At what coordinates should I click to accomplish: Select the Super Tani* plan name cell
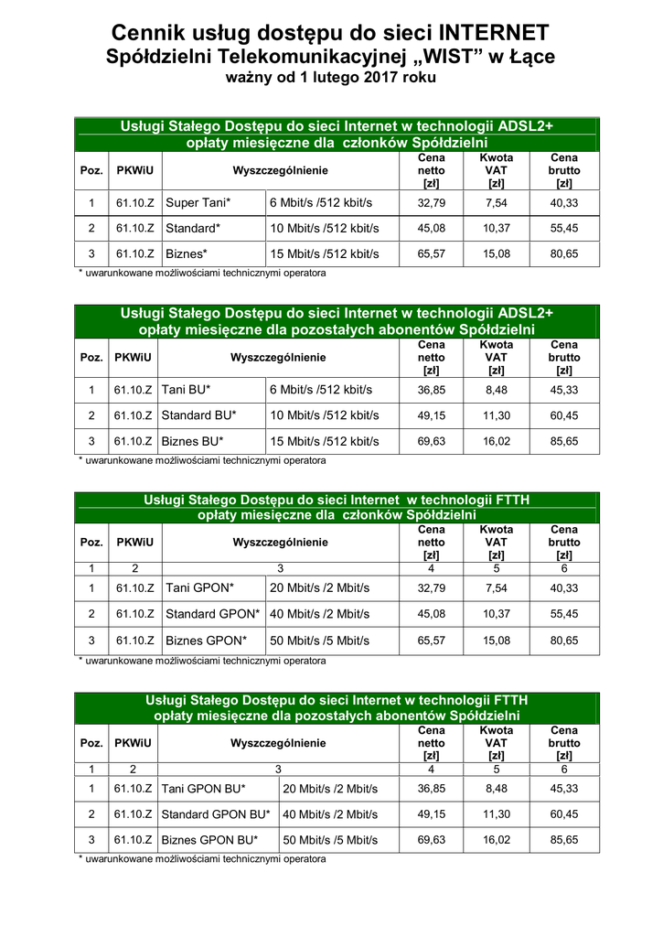click(198, 202)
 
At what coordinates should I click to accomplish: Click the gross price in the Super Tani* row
click(563, 202)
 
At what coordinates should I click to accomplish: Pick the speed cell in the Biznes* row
click(324, 253)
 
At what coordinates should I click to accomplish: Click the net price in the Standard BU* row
click(432, 415)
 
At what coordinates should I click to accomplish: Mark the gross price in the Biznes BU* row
click(564, 441)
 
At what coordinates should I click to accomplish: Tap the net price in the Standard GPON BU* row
click(432, 813)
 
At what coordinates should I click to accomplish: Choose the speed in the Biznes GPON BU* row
click(330, 839)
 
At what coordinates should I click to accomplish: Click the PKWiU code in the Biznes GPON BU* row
click(134, 839)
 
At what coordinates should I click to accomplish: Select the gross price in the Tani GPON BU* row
click(564, 788)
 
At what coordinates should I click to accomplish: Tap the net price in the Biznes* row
click(432, 253)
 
